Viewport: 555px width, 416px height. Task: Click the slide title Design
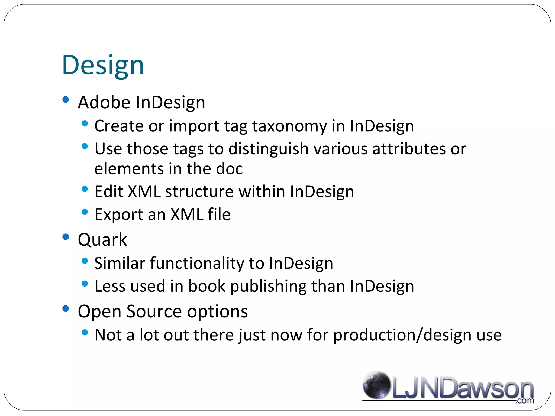point(103,65)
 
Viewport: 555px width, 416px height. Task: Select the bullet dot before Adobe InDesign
point(66,100)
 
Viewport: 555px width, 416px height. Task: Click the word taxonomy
point(289,126)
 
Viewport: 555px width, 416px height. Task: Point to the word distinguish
point(268,149)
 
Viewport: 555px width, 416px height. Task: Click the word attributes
point(409,149)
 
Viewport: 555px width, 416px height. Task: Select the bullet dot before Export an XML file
point(85,212)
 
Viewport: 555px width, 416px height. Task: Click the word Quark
point(102,240)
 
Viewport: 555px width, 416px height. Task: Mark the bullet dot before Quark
point(66,237)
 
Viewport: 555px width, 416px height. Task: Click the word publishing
point(268,286)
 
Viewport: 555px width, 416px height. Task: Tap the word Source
point(154,311)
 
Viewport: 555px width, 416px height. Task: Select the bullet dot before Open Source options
point(66,309)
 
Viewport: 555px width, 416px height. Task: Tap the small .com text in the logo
point(525,401)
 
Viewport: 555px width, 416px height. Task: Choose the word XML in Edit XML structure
point(144,192)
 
